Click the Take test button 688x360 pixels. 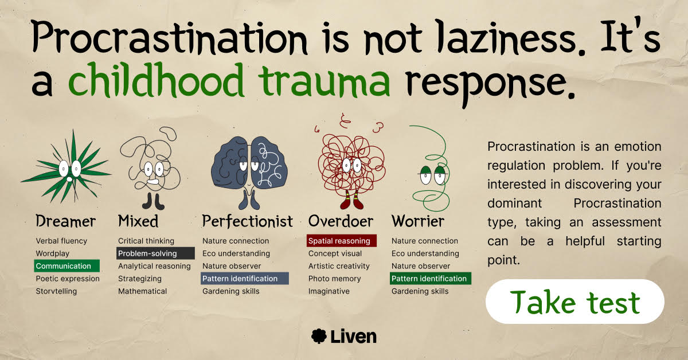pos(574,302)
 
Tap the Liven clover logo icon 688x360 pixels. pos(319,336)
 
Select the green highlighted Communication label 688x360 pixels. pos(67,265)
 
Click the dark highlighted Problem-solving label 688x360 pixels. pos(155,253)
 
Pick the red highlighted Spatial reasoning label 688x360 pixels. pos(342,241)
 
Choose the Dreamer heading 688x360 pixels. pos(65,221)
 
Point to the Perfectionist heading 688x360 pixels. pos(248,221)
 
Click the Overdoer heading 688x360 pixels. pos(341,221)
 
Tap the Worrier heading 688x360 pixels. pos(418,221)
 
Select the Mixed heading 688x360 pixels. pos(138,221)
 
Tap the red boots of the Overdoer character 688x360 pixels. pos(352,200)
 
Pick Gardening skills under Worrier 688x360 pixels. pos(420,291)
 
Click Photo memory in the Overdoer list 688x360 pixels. pos(334,279)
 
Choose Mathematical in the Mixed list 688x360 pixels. pos(142,291)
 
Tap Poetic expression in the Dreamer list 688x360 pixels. pos(68,279)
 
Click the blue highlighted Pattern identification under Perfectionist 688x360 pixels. pos(245,278)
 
